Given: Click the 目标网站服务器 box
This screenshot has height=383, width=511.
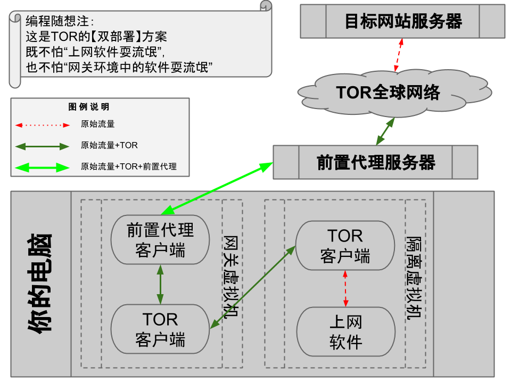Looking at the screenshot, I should tap(402, 21).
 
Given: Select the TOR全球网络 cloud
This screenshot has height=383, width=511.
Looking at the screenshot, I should tap(388, 93).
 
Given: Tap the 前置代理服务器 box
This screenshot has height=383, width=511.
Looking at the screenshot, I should tap(375, 162).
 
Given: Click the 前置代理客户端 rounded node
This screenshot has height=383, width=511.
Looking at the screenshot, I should tap(160, 239).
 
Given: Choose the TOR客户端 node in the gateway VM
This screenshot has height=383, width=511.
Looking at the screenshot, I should tap(160, 329).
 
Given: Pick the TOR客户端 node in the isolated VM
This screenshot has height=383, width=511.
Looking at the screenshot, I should tap(345, 245).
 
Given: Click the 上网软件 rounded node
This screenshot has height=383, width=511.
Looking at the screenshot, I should tap(345, 332).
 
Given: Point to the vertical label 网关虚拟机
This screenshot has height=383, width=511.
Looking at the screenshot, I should tap(230, 277).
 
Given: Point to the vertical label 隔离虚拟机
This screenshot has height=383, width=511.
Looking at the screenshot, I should tap(413, 277).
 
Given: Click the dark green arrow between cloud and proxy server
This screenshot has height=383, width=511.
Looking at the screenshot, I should tap(385, 131).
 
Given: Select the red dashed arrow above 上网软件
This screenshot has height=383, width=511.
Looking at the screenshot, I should tap(345, 288).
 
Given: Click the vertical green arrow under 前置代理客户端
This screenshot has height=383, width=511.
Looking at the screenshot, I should tap(160, 285).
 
